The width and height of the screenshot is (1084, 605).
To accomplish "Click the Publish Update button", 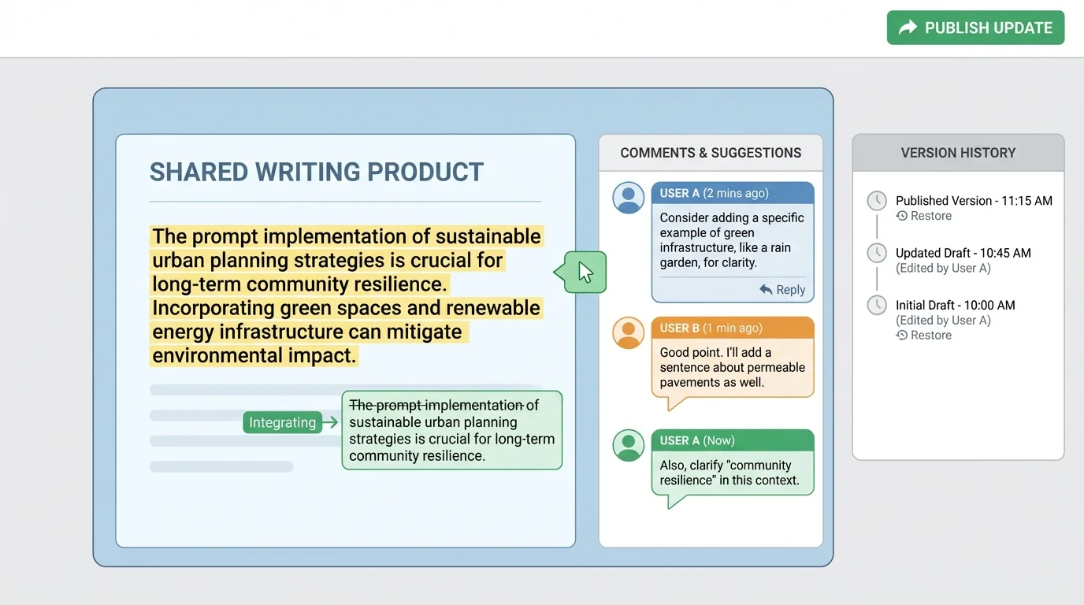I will coord(975,28).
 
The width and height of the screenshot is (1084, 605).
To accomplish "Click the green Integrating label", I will coord(282,422).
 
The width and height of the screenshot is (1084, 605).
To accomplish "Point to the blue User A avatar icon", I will coord(629,198).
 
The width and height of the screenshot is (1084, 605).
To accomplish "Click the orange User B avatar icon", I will coord(629,332).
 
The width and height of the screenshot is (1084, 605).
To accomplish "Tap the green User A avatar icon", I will coord(629,445).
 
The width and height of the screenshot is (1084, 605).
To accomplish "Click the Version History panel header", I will coord(958,153).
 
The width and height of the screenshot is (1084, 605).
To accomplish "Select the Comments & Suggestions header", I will coord(711,153).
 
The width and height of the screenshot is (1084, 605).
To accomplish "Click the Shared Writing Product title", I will coord(317,172).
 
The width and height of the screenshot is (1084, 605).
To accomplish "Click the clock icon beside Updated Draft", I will coord(877,253).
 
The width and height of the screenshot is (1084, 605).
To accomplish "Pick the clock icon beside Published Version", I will coord(877,201).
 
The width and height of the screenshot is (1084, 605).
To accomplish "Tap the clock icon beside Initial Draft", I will coord(877,305).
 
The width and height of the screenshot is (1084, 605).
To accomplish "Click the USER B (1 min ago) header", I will coord(733,328).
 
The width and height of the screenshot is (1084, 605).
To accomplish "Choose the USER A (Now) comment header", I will coord(733,440).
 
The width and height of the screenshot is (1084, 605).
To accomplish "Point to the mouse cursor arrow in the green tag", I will coord(585,272).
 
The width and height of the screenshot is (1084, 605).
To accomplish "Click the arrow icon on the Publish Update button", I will coord(908,28).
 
